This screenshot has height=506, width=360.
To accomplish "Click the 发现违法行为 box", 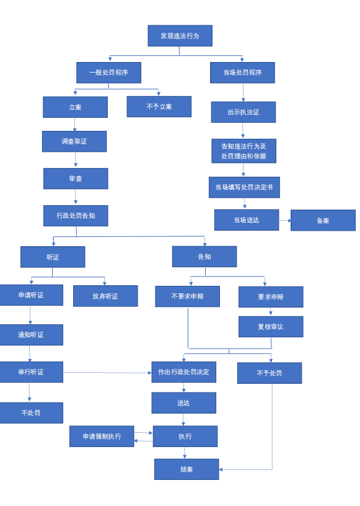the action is (x=180, y=36).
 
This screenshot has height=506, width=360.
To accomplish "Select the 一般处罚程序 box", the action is (x=108, y=73).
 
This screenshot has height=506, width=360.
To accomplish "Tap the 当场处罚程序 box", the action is (x=242, y=73).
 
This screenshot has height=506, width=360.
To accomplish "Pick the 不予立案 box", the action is (x=159, y=107).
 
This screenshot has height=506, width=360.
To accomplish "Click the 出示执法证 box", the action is (x=244, y=112).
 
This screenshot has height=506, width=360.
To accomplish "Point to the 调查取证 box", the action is (x=74, y=141).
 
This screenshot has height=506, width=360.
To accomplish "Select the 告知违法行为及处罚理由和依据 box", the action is (x=244, y=151).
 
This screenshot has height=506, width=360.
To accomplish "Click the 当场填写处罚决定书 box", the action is (x=244, y=187).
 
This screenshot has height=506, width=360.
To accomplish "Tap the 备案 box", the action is (x=323, y=220).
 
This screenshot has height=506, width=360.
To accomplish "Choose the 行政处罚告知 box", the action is (x=76, y=216).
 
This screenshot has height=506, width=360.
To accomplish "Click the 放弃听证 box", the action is (x=105, y=296).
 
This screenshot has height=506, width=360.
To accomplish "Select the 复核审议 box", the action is (x=271, y=327).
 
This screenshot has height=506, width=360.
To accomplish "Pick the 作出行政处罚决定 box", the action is (x=184, y=372).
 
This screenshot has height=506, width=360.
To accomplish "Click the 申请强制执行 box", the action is (x=102, y=437).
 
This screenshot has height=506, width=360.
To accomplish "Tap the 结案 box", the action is (x=187, y=469).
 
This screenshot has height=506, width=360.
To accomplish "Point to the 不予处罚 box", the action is (x=270, y=373).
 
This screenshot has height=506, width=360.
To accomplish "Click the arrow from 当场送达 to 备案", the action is (x=285, y=221).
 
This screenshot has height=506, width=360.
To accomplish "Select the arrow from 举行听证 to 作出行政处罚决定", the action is (x=107, y=373).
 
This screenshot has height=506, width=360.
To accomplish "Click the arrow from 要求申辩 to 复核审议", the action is (x=271, y=311).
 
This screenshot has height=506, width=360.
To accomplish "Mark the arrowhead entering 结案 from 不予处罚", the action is (x=221, y=469).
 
